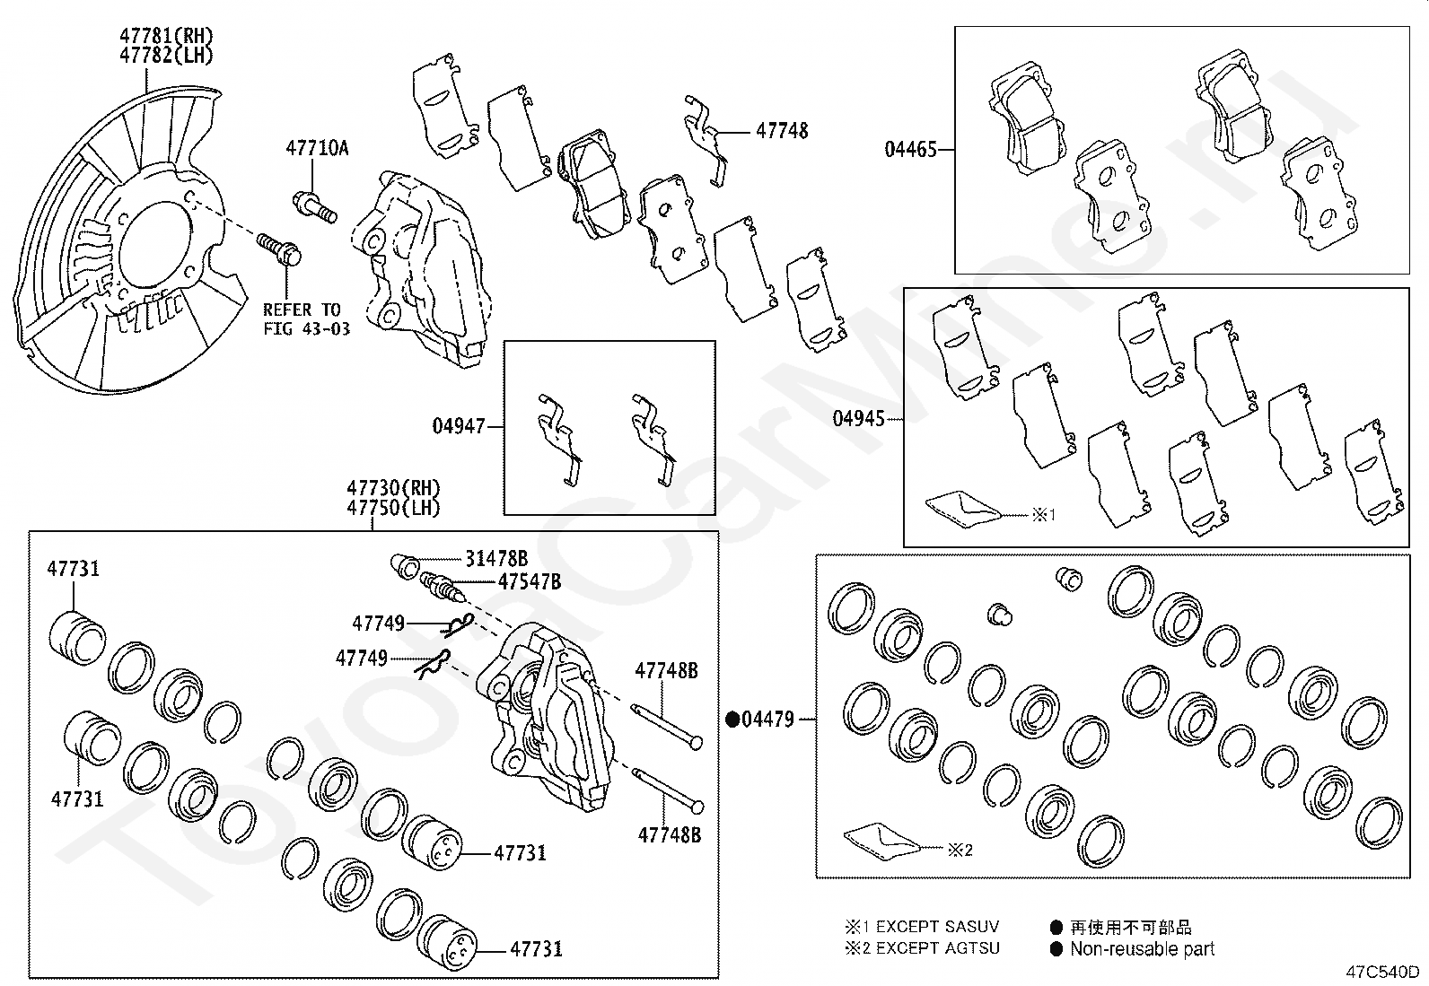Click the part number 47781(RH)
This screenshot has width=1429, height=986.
tap(167, 36)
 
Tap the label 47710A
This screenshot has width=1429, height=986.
tap(317, 148)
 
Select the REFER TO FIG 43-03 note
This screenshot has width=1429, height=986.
tap(306, 319)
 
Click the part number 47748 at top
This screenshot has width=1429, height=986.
tap(782, 131)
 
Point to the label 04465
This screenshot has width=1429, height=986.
tap(910, 150)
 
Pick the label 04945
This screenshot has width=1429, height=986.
tap(858, 418)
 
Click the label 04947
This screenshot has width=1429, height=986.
tap(458, 426)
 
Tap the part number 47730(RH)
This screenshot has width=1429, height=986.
tap(394, 488)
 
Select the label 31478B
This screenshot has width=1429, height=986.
tap(495, 559)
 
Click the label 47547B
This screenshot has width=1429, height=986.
tap(529, 582)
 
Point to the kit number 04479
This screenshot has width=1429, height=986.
tap(768, 719)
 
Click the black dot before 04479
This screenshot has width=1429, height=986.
tap(732, 719)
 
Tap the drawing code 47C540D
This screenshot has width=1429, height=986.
tap(1382, 972)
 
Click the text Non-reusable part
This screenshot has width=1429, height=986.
tap(1142, 949)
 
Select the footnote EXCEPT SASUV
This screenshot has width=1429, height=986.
tap(936, 927)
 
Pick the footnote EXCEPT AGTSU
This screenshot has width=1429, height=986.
tap(936, 948)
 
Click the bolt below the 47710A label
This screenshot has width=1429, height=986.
tap(313, 206)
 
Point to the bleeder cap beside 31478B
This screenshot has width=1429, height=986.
tap(405, 565)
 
